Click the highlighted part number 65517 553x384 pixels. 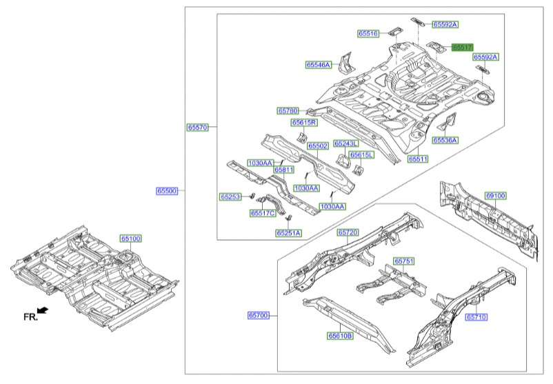point(462,47)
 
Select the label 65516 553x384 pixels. point(368,33)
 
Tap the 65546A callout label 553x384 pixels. point(319,65)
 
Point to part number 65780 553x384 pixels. point(288,110)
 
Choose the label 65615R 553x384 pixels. point(303,123)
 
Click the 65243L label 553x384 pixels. point(346,143)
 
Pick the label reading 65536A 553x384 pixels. point(445,140)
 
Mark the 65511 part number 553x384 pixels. point(418,159)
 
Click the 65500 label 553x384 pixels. point(166,191)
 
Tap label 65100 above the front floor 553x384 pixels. point(131,239)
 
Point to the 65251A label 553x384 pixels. point(289,234)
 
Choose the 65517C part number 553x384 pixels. point(263,214)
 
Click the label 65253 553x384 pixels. point(230,197)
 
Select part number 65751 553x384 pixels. point(404,261)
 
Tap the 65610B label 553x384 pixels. point(340,336)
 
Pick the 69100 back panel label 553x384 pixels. point(495,196)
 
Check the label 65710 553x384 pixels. point(476,318)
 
